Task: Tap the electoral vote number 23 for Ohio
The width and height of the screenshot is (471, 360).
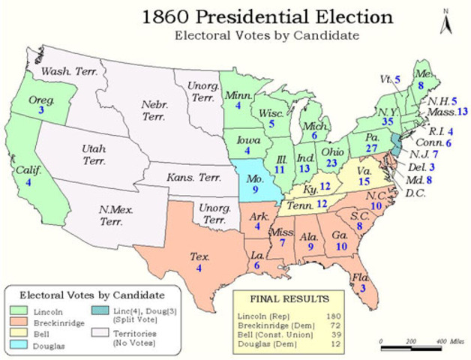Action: coord(332,163)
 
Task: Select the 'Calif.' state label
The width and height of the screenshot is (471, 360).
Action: coord(25,170)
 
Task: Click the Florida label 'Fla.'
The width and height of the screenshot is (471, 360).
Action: coord(361,276)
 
